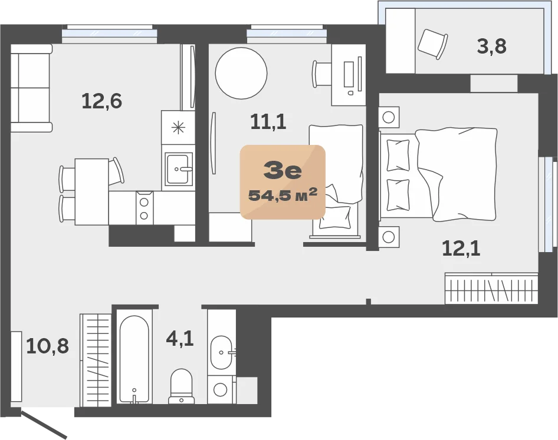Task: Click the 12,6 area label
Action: pyautogui.click(x=102, y=101)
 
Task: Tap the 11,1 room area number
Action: pyautogui.click(x=268, y=121)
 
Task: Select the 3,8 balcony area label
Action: pyautogui.click(x=491, y=46)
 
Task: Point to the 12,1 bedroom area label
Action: pyautogui.click(x=461, y=248)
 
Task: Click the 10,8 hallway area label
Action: pyautogui.click(x=48, y=346)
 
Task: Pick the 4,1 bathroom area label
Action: pyautogui.click(x=180, y=338)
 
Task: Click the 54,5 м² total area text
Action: pyautogui.click(x=283, y=195)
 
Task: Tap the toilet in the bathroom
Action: pyautogui.click(x=182, y=386)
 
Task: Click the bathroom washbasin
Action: pyautogui.click(x=222, y=353)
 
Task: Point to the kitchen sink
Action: pyautogui.click(x=179, y=169)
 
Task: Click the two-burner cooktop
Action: pyautogui.click(x=144, y=208)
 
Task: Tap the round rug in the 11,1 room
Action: pyautogui.click(x=241, y=74)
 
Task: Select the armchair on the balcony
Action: pyautogui.click(x=432, y=44)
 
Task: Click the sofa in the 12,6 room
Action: pyautogui.click(x=31, y=88)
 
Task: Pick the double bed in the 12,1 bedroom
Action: pyautogui.click(x=438, y=174)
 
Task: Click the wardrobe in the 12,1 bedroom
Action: pyautogui.click(x=491, y=288)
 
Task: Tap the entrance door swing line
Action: pyautogui.click(x=44, y=424)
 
